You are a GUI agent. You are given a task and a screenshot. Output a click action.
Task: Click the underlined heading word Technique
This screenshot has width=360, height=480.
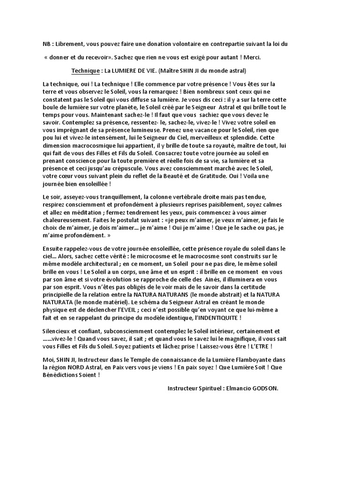[85, 71]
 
